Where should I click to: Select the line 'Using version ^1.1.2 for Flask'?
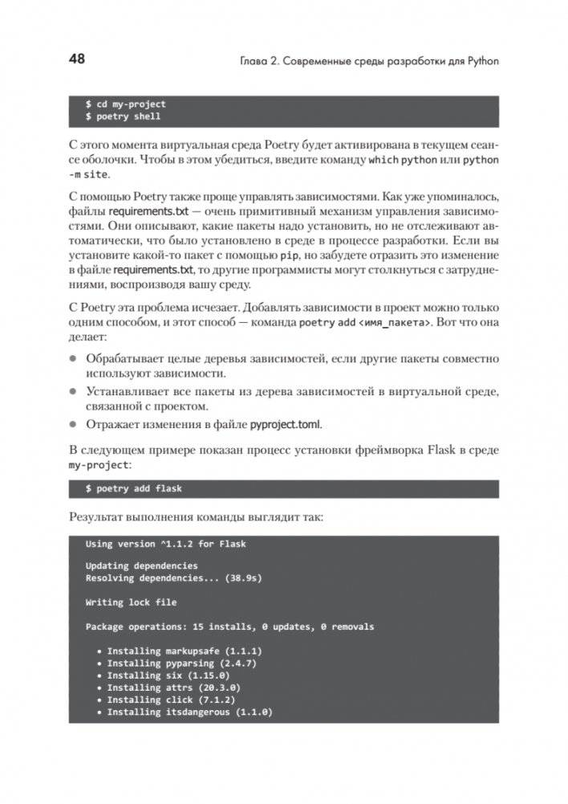pyautogui.click(x=165, y=544)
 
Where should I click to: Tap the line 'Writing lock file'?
pyautogui.click(x=131, y=602)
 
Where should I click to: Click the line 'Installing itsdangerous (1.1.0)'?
pyautogui.click(x=189, y=712)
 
